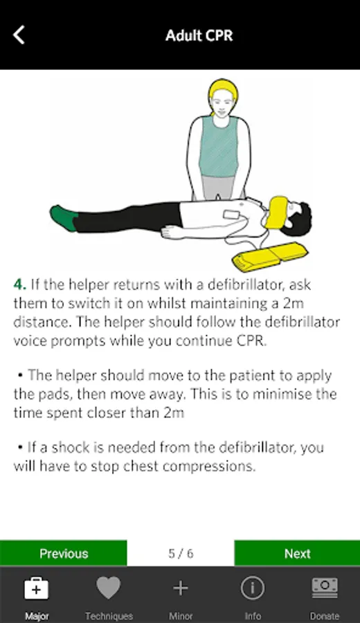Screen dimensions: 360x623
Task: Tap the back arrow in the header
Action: point(19,35)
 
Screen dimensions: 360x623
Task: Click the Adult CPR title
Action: point(199,35)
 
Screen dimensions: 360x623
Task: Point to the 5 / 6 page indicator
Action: point(181,554)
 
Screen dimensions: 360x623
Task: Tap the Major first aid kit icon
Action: point(36,588)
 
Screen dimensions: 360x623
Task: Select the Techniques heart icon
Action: point(108,588)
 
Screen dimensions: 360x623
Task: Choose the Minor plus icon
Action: point(181,588)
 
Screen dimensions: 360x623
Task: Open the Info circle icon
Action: point(252,588)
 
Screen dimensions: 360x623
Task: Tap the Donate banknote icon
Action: point(325,588)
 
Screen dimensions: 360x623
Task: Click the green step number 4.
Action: point(19,285)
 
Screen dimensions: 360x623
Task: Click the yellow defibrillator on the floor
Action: point(270,256)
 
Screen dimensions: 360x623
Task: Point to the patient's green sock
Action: point(64,218)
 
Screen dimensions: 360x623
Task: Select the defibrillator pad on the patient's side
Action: point(231,215)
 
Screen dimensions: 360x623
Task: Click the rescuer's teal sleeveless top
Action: point(219,146)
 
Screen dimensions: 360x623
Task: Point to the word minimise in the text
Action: point(276,394)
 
